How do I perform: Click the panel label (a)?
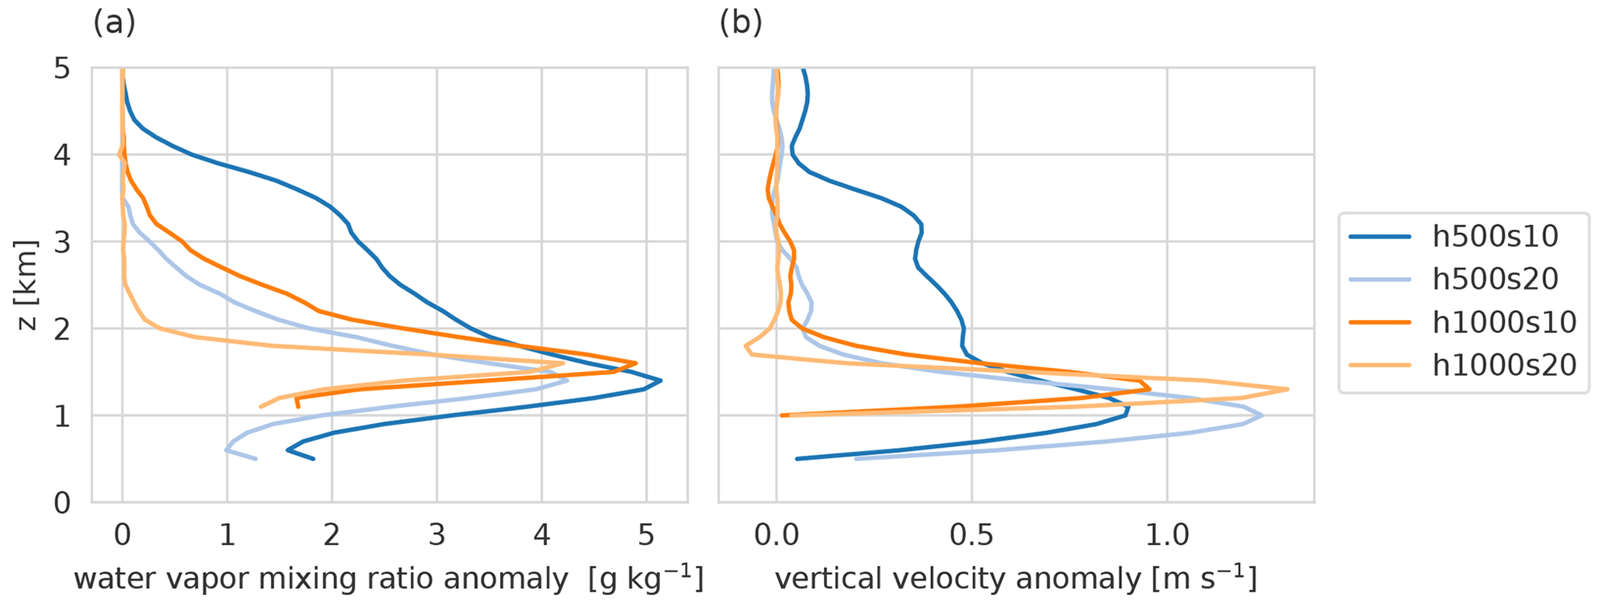point(114,23)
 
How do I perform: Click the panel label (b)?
point(740,23)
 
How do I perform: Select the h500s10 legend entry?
point(1496,237)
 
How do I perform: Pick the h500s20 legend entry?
point(1496,279)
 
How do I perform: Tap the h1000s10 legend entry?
point(1504,321)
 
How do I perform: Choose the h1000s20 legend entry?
point(1504,364)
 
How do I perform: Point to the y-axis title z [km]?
point(28,285)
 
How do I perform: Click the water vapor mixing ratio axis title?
point(388,579)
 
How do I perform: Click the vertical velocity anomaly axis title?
point(1016,579)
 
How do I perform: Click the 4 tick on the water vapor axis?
point(542,536)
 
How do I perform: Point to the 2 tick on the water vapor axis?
point(332,536)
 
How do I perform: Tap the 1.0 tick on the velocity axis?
point(1167,536)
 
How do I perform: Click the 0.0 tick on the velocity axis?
point(776,536)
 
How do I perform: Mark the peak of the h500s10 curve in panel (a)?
point(661,380)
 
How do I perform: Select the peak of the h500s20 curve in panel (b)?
point(1262,415)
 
